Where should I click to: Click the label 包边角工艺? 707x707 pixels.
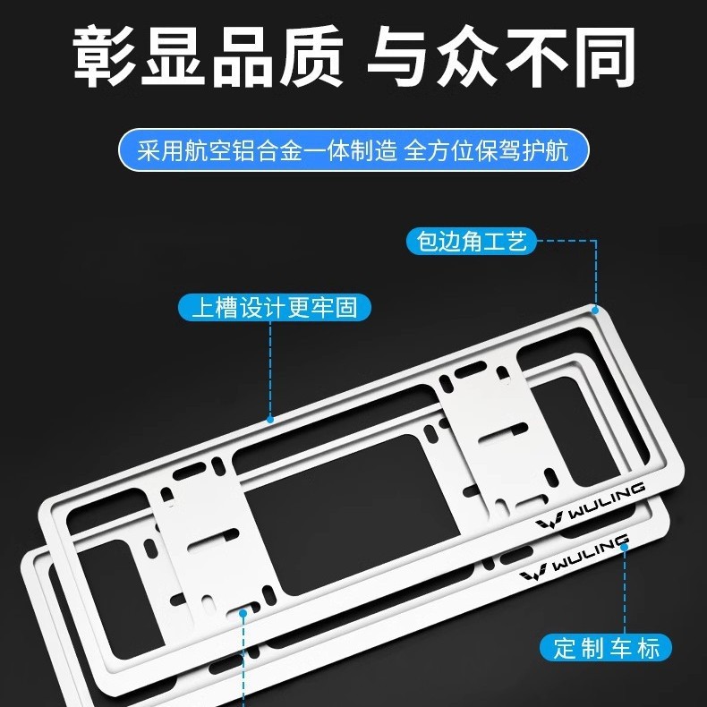[471, 242]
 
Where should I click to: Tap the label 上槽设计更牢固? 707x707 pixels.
[275, 308]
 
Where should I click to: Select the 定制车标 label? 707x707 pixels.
[606, 648]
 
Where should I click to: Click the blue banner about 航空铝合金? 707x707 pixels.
[353, 149]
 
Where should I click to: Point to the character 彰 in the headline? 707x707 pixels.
[105, 55]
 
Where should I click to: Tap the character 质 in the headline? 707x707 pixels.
[311, 55]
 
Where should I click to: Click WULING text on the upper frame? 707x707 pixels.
[606, 500]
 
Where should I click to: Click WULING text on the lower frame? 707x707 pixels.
[591, 552]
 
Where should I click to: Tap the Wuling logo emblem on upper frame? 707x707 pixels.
[549, 520]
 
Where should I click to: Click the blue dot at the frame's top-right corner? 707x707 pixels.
[595, 311]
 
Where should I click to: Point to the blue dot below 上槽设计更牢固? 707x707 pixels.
[270, 420]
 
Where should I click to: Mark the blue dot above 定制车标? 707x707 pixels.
[625, 548]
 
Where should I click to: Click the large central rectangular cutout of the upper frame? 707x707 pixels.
[352, 514]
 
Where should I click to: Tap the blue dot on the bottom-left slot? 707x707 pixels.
[243, 613]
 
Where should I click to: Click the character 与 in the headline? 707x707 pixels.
[399, 55]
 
